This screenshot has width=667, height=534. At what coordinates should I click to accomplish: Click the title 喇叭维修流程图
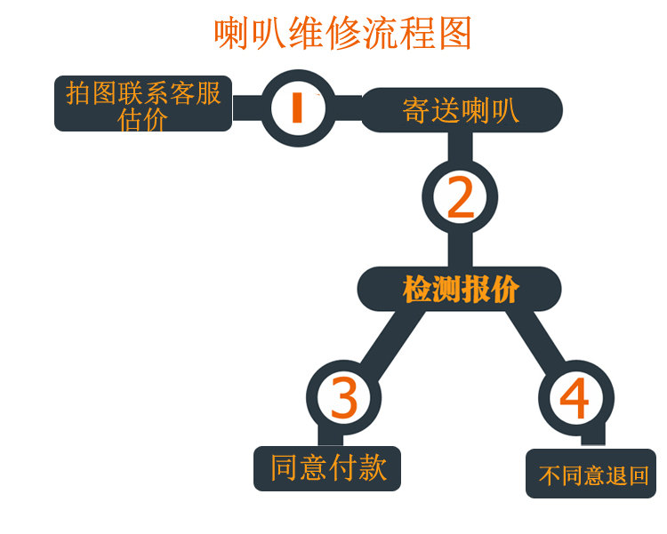[x=342, y=34]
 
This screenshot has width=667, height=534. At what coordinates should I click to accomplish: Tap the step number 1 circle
[x=299, y=108]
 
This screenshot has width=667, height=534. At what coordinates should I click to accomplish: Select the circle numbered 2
[x=459, y=198]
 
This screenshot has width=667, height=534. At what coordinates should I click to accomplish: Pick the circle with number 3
[x=343, y=397]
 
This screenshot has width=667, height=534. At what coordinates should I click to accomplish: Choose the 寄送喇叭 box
[x=461, y=109]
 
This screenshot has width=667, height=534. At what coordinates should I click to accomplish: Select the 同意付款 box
[x=328, y=467]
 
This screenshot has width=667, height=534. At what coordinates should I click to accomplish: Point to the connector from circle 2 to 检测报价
[x=460, y=251]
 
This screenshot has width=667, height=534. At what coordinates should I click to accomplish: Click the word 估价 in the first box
[x=142, y=119]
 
